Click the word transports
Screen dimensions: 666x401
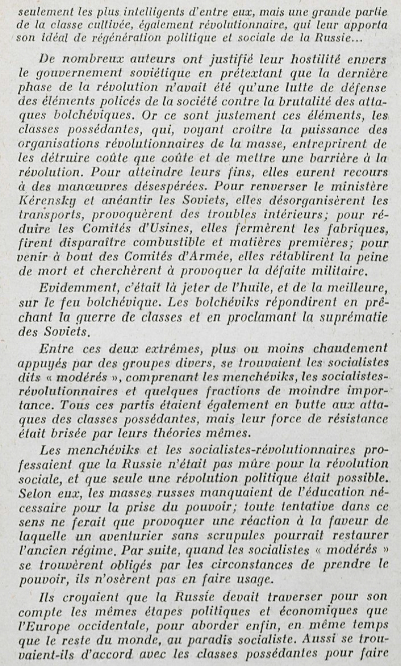tap(49, 215)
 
